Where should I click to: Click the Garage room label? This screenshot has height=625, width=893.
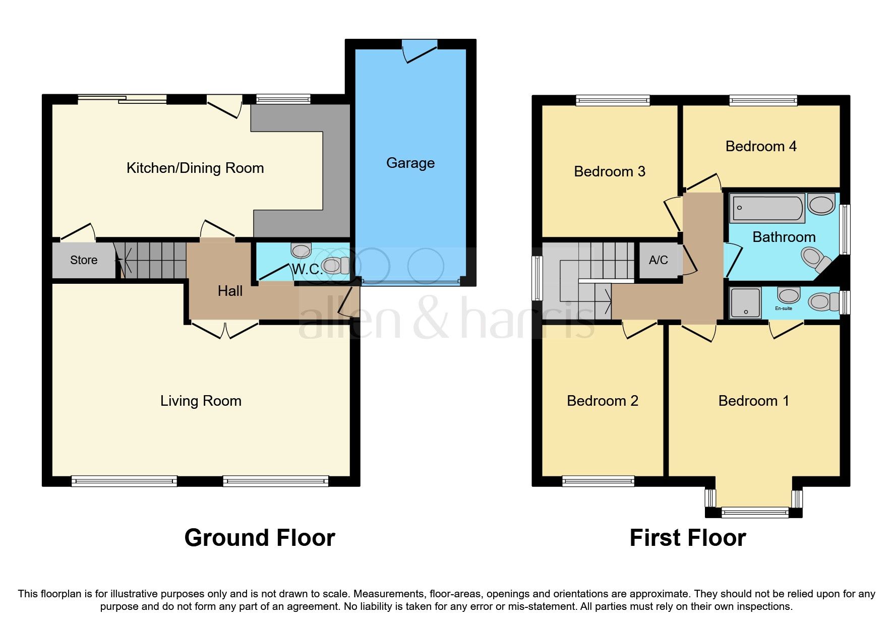(x=410, y=163)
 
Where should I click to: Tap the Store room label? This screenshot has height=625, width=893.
(x=84, y=260)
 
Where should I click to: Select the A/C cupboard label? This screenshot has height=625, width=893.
(x=658, y=260)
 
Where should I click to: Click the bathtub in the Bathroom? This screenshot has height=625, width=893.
(x=767, y=208)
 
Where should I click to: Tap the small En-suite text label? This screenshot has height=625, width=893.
(x=784, y=308)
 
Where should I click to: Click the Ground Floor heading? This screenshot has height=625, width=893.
(x=259, y=538)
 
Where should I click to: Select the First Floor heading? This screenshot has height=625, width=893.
(x=687, y=538)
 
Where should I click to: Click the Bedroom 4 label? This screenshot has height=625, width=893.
(x=760, y=147)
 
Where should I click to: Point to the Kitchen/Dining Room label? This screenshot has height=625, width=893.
(x=195, y=168)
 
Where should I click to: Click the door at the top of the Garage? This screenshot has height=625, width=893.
(x=420, y=51)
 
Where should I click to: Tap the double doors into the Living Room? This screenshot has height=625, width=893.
(x=225, y=329)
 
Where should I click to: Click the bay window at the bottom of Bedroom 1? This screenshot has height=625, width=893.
(x=754, y=512)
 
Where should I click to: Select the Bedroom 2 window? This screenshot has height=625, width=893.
(x=598, y=481)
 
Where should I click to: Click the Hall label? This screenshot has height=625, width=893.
(x=230, y=291)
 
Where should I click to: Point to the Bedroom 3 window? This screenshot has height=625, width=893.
(x=613, y=100)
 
